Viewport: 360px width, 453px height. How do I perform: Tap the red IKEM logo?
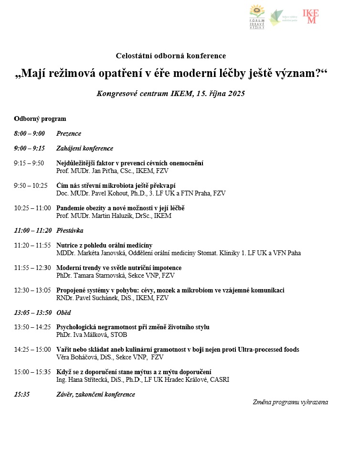(311, 16)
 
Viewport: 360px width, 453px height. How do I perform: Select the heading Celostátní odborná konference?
(171, 56)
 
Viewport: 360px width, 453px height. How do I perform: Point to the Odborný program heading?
(40, 119)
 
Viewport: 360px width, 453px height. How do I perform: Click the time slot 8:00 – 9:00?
(29, 134)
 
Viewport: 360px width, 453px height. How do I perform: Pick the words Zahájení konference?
(85, 149)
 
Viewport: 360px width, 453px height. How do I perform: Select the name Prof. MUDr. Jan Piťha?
(87, 171)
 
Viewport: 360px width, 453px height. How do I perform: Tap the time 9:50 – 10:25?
(31, 186)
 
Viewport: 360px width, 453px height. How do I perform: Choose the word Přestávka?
(70, 231)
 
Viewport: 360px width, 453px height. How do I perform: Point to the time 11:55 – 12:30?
(32, 268)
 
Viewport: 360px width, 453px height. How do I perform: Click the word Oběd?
(64, 313)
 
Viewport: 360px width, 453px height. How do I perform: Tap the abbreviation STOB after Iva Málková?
(119, 334)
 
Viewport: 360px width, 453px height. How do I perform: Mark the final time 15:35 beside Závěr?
(22, 395)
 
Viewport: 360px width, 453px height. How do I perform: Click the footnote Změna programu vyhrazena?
(290, 402)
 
